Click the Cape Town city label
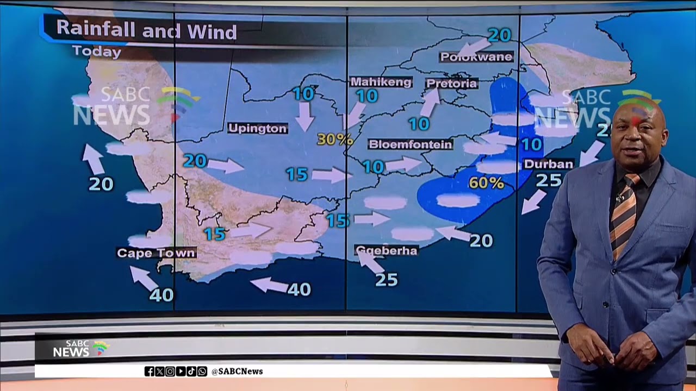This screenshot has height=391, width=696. coord(156,253)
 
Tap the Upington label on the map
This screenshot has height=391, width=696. coord(257,129)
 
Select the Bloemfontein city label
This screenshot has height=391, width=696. coord(411,144)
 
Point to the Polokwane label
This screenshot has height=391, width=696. coord(476,56)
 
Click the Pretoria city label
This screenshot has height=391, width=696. coord(451,83)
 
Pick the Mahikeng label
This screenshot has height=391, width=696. coord(381,82)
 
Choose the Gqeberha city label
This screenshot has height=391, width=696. coord(386,250)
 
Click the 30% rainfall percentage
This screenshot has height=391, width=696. coord(334,140)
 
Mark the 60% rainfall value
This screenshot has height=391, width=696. coord(486,183)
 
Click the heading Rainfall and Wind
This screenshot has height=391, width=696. coord(146,30)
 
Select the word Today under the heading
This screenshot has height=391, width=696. coord(96,52)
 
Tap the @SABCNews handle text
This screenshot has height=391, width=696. coord(237,371)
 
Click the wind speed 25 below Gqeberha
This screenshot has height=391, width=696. coord(387,280)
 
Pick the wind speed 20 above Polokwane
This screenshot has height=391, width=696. coord(499,35)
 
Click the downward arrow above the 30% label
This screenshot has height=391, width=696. coord(304,116)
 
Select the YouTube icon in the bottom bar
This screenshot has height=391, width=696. coord(181,371)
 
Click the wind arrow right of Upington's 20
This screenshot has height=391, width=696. coord(226,165)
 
